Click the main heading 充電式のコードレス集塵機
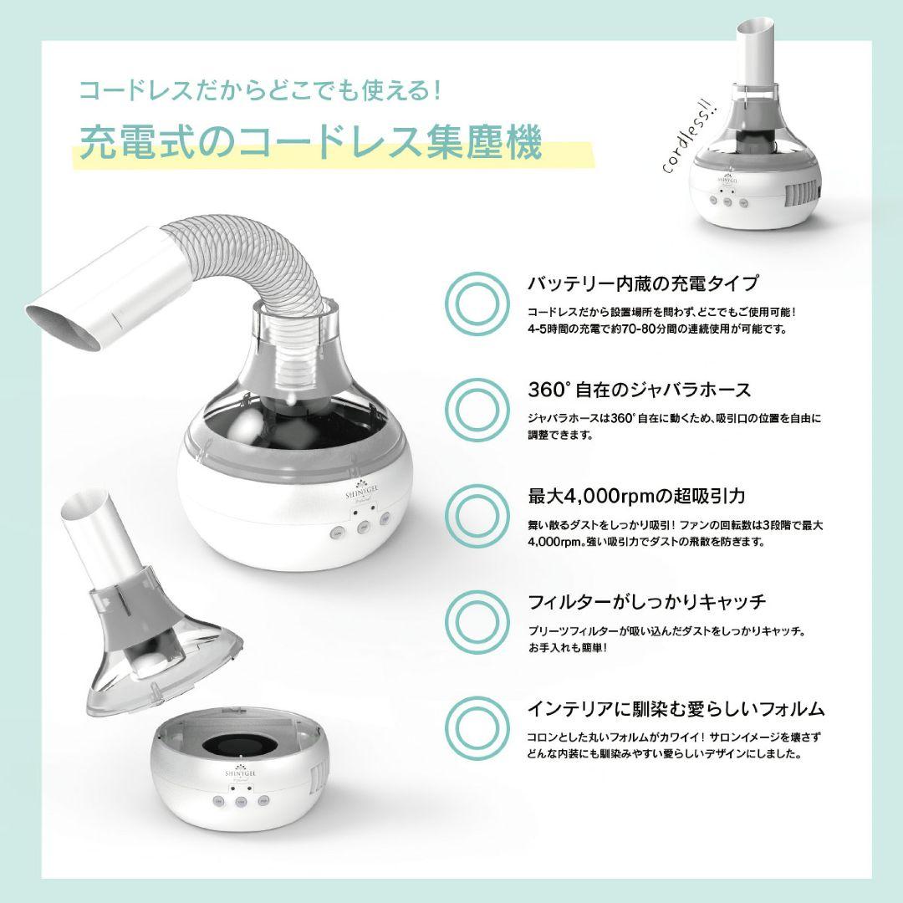[309, 141]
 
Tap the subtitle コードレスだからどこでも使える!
[259, 89]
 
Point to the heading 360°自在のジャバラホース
[639, 390]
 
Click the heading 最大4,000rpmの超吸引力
[636, 496]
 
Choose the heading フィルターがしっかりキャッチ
[647, 602]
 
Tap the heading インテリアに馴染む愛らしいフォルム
[676, 709]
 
